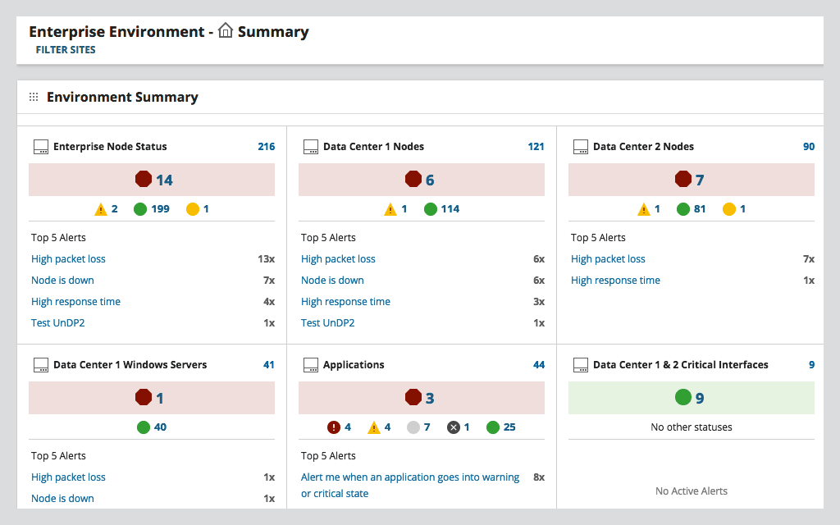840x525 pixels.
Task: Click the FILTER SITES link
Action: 66,50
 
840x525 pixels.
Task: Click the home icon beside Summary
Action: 226,31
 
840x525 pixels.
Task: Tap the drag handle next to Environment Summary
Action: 34,97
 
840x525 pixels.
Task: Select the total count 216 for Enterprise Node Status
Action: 267,147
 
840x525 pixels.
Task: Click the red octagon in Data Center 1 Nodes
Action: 413,180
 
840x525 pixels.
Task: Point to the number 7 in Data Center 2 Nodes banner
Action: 700,180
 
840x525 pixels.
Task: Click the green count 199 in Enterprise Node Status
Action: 160,209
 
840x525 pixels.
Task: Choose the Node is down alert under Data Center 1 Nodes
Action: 332,281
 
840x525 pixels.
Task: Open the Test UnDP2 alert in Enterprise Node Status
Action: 58,323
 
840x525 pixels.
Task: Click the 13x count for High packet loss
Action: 266,259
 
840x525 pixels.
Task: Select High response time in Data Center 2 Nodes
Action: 615,281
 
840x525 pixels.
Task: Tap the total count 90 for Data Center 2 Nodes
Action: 809,147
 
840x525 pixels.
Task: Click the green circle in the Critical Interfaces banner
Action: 683,398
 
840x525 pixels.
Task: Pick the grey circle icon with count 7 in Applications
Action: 413,427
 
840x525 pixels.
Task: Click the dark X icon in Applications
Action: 454,427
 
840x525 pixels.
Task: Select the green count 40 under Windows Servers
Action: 160,427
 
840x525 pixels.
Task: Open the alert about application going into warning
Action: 410,477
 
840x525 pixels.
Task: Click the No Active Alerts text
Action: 692,491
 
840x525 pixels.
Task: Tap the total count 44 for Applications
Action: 539,365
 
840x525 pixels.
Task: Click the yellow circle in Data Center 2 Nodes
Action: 729,209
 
